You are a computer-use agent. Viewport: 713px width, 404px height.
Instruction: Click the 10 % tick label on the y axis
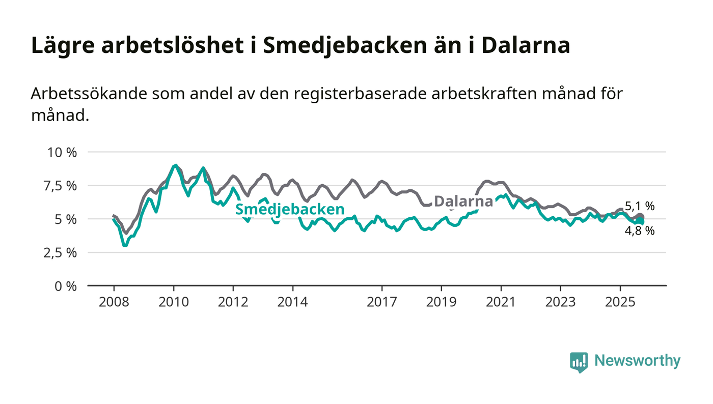pyautogui.click(x=62, y=152)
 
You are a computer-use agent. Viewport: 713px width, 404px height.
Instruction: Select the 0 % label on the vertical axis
pyautogui.click(x=66, y=286)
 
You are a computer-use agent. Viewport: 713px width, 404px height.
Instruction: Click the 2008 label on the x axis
pyautogui.click(x=114, y=302)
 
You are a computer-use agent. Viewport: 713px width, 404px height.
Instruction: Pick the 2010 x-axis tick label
pyautogui.click(x=174, y=302)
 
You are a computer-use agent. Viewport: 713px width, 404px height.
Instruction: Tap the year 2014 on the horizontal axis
pyautogui.click(x=292, y=302)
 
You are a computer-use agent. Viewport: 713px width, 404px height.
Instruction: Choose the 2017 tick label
pyautogui.click(x=382, y=302)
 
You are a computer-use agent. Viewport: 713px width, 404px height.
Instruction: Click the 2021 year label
pyautogui.click(x=501, y=302)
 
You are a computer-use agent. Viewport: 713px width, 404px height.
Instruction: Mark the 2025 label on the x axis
pyautogui.click(x=620, y=302)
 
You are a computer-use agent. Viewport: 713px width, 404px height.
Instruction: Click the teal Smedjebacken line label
pyautogui.click(x=289, y=209)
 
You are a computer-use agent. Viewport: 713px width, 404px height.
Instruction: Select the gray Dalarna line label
pyautogui.click(x=463, y=201)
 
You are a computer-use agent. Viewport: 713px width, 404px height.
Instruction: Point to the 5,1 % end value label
pyautogui.click(x=640, y=206)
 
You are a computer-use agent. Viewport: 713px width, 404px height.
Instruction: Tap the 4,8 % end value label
pyautogui.click(x=640, y=230)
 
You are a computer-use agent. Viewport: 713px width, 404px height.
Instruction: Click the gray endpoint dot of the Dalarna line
pyautogui.click(x=641, y=217)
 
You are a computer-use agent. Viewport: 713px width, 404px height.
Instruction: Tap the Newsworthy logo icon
pyautogui.click(x=579, y=362)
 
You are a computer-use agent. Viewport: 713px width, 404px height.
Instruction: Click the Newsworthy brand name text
pyautogui.click(x=638, y=361)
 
